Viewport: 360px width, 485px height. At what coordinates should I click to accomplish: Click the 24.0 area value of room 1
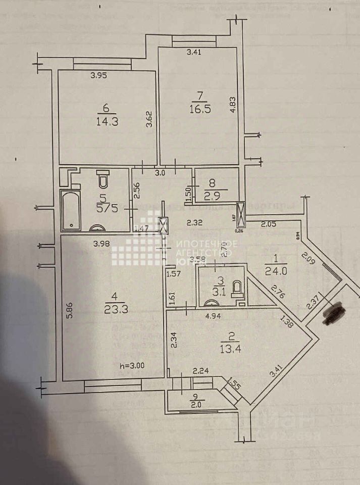(276, 270)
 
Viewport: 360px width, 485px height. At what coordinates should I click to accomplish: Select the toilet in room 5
(103, 180)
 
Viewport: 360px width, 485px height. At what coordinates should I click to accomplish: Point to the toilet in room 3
(237, 288)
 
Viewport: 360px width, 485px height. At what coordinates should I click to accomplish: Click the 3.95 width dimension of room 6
(99, 76)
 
